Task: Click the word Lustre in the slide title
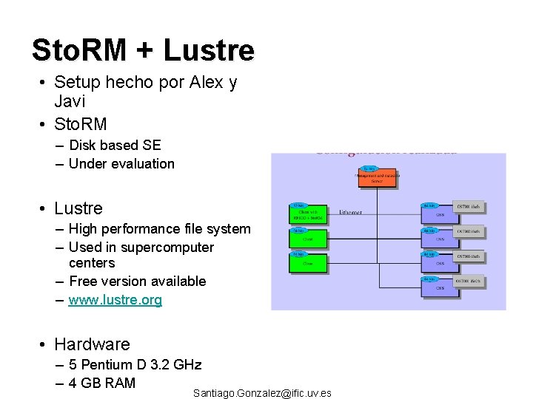(x=209, y=50)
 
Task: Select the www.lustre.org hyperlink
(x=115, y=300)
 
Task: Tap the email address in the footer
(x=262, y=393)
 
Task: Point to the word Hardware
(x=92, y=344)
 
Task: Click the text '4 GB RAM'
(x=102, y=383)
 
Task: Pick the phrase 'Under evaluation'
(x=121, y=164)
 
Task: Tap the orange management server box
(x=378, y=176)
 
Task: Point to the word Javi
(x=70, y=101)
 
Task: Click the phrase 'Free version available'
(x=137, y=282)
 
